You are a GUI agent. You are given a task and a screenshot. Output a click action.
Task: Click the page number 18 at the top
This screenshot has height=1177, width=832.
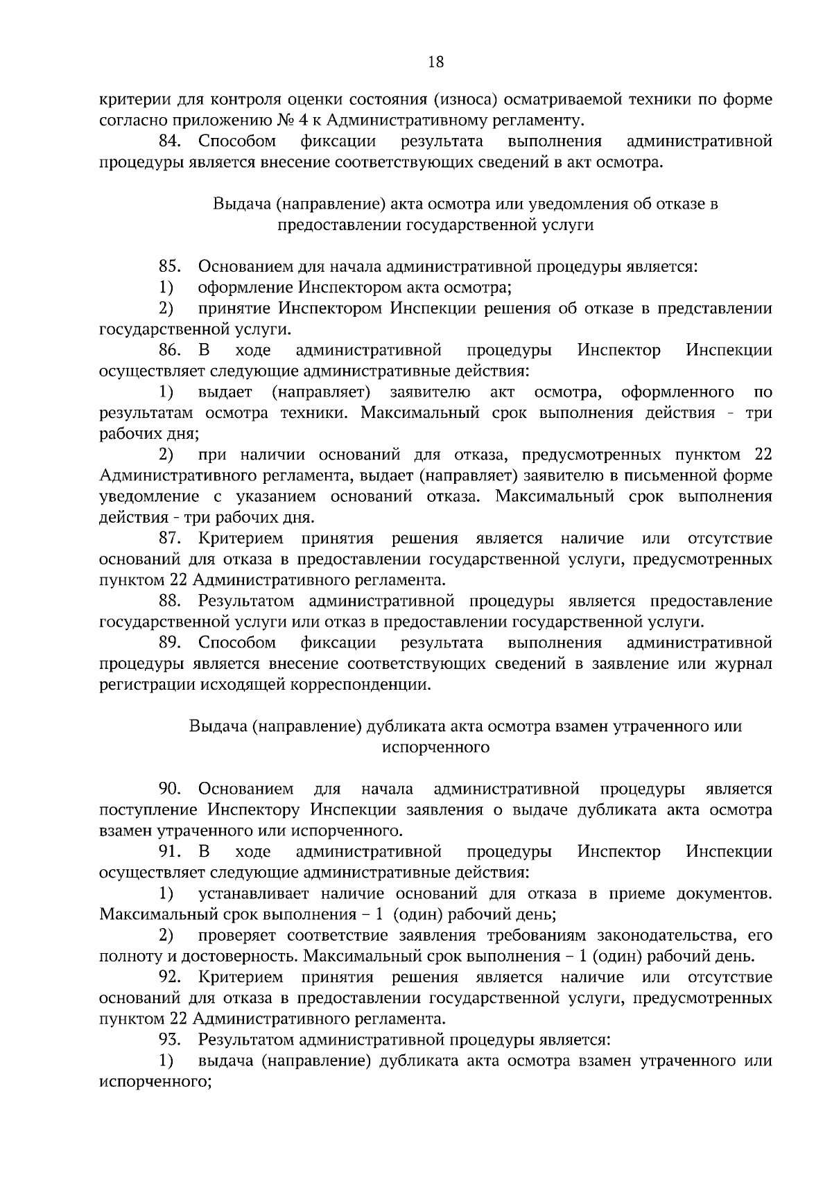click(436, 62)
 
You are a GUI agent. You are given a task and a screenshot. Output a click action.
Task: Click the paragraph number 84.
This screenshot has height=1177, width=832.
click(170, 141)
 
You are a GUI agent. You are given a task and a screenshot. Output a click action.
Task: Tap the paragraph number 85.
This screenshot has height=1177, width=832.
click(170, 266)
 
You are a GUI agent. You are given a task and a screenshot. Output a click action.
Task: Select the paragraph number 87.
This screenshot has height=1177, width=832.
click(170, 538)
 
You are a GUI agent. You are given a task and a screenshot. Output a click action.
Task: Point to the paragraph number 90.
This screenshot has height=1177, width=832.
click(170, 789)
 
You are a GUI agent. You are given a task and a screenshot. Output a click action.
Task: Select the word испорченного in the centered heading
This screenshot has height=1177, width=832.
click(436, 747)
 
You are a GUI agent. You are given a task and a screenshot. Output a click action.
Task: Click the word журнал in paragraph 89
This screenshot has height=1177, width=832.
click(744, 664)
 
